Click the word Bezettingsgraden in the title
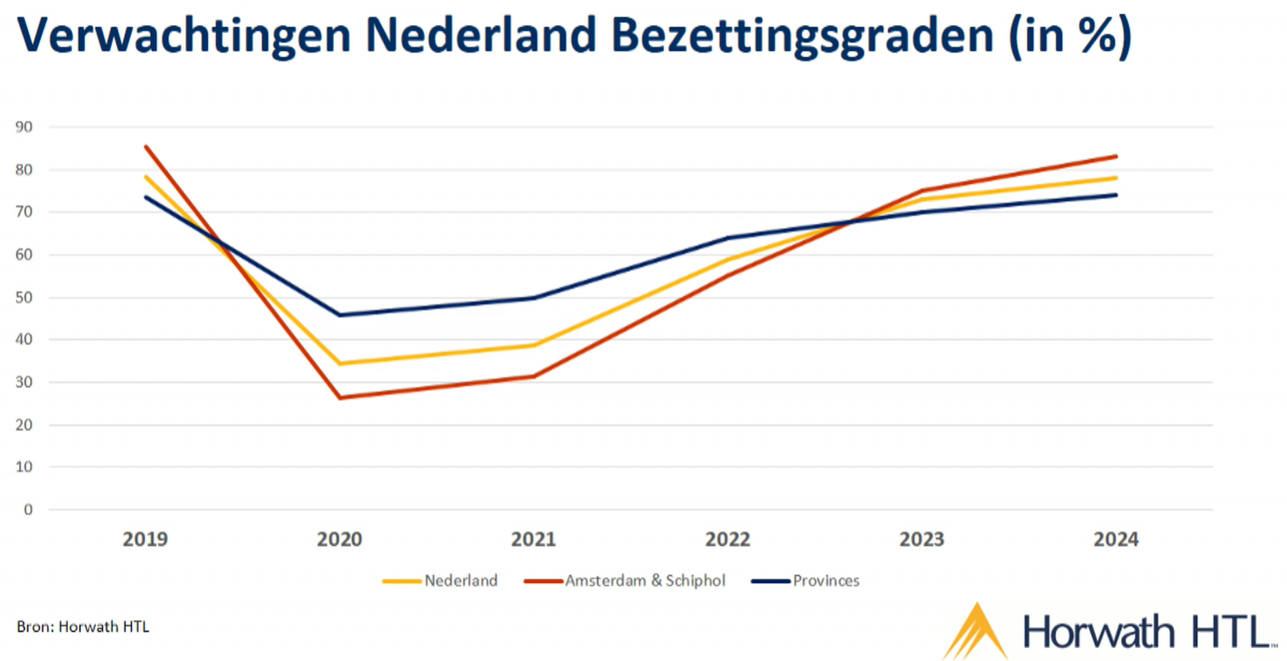coord(802,34)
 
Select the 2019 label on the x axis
coord(145,539)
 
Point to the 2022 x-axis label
coord(728,539)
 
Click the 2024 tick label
coord(1115,539)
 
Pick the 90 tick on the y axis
coord(24,127)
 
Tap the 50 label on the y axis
coord(24,298)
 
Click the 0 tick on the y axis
coord(28,510)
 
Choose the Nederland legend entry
coord(460,580)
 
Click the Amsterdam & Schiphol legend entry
coord(645,580)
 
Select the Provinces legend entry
coord(826,580)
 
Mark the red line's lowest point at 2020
coord(340,398)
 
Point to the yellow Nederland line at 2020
coord(340,363)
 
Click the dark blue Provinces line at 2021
coord(533,298)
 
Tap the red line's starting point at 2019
coord(146,147)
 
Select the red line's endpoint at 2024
coord(1115,157)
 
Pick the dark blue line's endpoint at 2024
coord(1115,195)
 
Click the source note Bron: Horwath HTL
coord(83,627)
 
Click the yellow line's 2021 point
coord(533,346)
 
